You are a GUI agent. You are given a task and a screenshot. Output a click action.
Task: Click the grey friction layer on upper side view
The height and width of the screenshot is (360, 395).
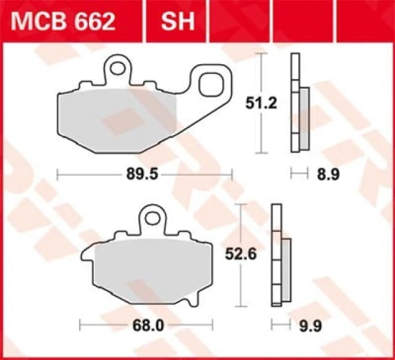click(304, 117)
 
